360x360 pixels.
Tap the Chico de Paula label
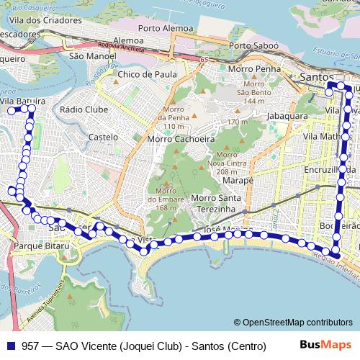(x=147, y=74)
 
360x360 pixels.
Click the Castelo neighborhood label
(x=102, y=136)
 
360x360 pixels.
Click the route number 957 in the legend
(x=30, y=346)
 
